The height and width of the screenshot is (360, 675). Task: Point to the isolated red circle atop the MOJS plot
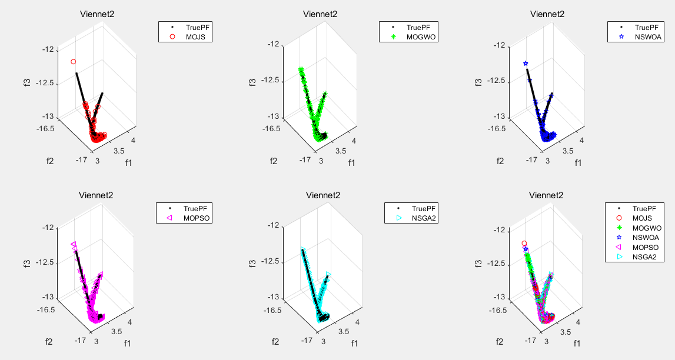(x=74, y=61)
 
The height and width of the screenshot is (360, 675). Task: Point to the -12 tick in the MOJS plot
(x=48, y=49)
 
